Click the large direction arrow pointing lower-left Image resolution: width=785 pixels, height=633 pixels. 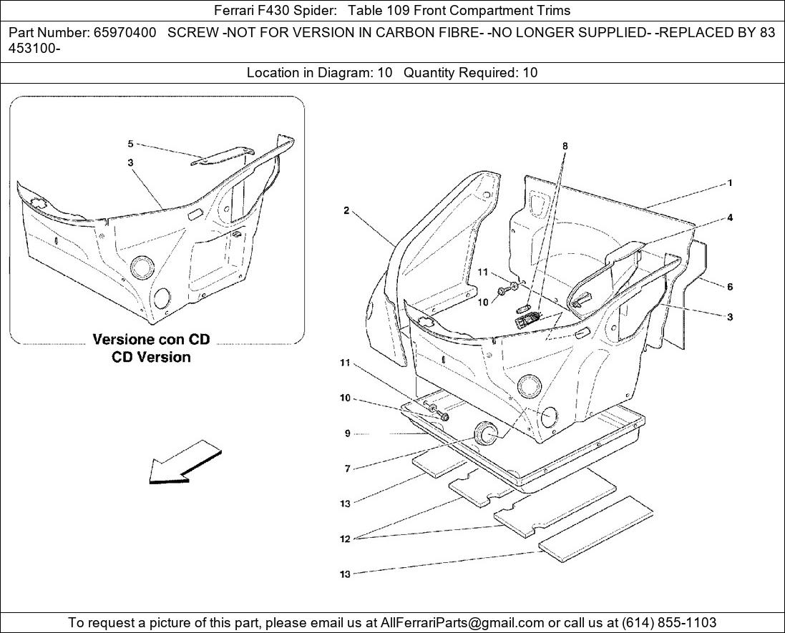pos(185,462)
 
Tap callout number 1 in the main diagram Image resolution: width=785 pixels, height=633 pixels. pos(730,183)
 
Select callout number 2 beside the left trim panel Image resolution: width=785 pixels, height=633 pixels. pos(346,211)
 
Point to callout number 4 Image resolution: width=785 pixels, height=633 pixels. pos(730,217)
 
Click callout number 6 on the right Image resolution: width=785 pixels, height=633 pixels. pos(730,287)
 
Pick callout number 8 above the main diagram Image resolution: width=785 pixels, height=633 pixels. pos(565,146)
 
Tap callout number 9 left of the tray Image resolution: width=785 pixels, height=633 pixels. pos(348,433)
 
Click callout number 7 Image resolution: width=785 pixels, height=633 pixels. pos(348,469)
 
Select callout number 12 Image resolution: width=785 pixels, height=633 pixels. pos(345,539)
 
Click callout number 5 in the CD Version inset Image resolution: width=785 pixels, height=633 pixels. pos(130,144)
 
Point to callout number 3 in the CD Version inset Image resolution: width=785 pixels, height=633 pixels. pos(130,162)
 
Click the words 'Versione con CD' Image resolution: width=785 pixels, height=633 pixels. pos(151,339)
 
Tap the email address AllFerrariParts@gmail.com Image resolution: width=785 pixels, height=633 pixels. pos(462,622)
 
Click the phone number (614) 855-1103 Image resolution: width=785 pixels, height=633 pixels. pos(669,622)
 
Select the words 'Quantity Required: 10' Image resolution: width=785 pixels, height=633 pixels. pos(471,73)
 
